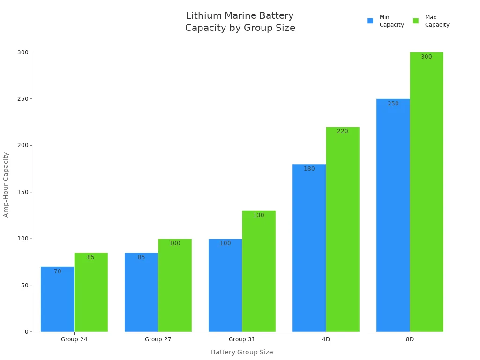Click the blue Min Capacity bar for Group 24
pos(57,300)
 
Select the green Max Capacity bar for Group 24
pos(91,293)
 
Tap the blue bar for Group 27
pos(141,293)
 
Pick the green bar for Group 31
pos(259,272)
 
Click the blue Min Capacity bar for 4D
pos(309,248)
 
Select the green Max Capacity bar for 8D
pos(427,192)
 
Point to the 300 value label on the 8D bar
pos(427,57)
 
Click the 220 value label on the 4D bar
pos(343,131)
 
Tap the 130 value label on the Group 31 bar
pos(259,215)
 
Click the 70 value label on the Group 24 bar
pos(58,271)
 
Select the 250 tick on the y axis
pos(21,99)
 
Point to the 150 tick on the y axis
pos(21,192)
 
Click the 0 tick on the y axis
pos(27,332)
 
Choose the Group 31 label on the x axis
pos(242,339)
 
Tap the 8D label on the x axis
pos(410,339)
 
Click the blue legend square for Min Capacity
pos(370,21)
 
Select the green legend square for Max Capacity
pos(416,21)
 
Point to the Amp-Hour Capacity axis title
pos(6,184)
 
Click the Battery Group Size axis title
pos(242,352)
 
